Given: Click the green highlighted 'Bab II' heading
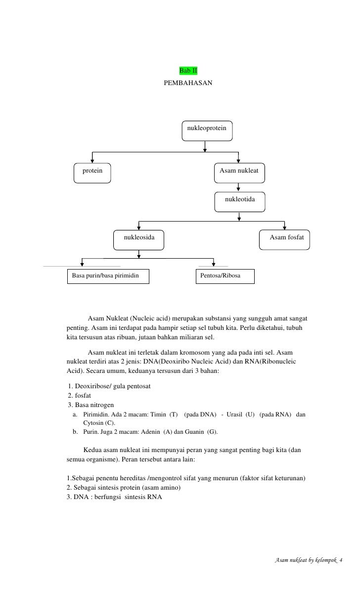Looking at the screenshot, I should coord(188,73).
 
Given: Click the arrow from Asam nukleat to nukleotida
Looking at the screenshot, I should coord(239,187).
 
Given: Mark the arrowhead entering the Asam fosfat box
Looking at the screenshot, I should coord(285,228).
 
